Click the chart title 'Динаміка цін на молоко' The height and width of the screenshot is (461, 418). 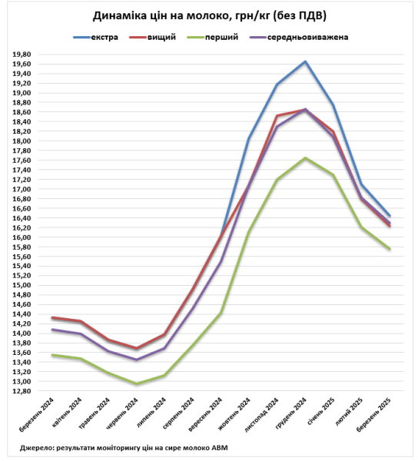(161, 16)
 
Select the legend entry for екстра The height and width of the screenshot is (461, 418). (96, 38)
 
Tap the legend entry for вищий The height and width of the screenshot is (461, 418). (153, 38)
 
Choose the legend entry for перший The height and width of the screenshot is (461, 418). (213, 38)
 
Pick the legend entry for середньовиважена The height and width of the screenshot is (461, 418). (299, 38)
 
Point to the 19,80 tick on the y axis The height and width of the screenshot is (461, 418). (22, 55)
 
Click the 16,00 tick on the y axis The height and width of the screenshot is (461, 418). (22, 237)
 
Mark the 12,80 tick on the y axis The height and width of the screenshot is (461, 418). (22, 391)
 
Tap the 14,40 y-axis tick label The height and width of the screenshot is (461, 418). (22, 314)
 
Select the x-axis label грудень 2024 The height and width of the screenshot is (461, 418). (291, 412)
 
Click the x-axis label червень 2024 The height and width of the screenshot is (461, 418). (122, 413)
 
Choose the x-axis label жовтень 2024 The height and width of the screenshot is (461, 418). (235, 413)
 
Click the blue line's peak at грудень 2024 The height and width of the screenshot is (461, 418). (305, 61)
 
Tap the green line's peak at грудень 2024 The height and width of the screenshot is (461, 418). (305, 158)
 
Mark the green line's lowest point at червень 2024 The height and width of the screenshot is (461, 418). (137, 383)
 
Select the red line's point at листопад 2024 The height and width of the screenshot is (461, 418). (277, 115)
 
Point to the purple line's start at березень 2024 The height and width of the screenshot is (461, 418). (52, 330)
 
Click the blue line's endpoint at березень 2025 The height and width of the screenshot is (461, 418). (390, 215)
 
